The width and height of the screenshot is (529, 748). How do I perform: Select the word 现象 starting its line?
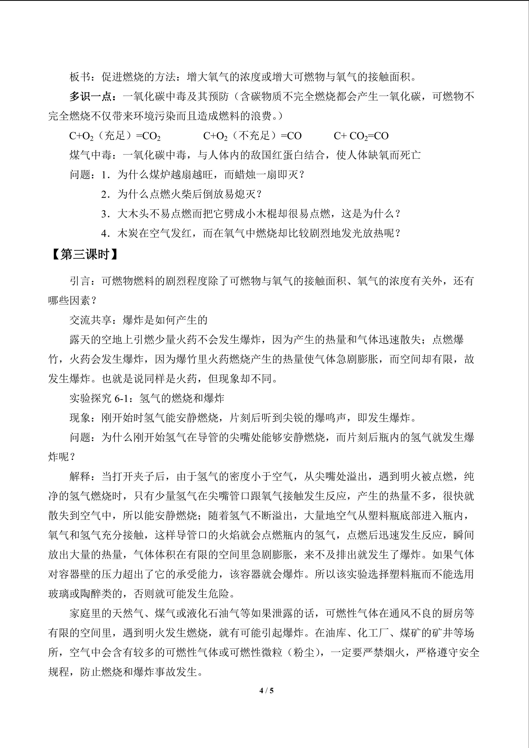click(80, 418)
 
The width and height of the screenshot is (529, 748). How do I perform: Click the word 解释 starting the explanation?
click(80, 476)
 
